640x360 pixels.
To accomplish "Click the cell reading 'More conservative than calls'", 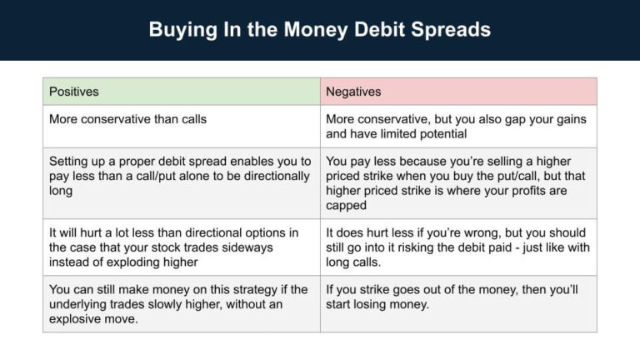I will (x=127, y=119).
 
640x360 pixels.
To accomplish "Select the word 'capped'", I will (x=347, y=206).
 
